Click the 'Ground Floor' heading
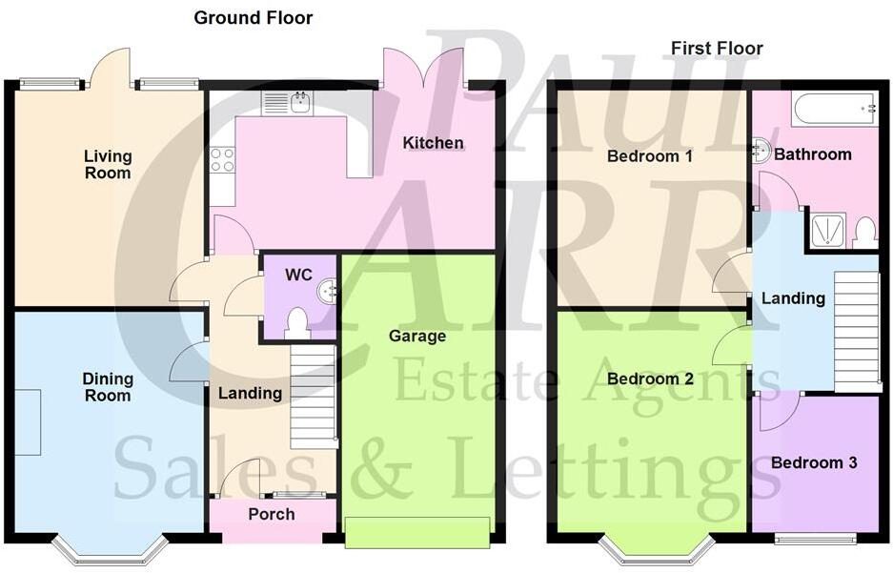[253, 17]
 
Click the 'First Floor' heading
[717, 48]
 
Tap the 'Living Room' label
[108, 164]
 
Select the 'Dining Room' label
[108, 386]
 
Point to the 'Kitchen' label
[433, 143]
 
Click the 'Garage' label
[416, 336]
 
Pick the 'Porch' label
[272, 514]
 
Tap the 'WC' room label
[298, 275]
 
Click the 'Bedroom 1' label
[650, 155]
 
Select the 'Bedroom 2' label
[650, 379]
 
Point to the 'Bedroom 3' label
[814, 462]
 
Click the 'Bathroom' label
[812, 153]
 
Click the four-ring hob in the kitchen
[222, 159]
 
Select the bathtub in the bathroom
[835, 109]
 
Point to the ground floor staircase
[314, 397]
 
